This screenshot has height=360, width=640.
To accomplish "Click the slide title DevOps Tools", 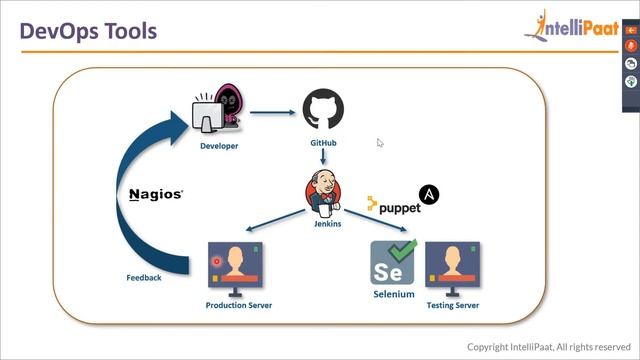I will click(89, 32).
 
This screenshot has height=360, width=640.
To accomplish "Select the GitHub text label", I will click(323, 143).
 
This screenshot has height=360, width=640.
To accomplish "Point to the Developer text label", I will click(219, 146).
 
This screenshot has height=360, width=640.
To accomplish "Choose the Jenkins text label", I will click(327, 223).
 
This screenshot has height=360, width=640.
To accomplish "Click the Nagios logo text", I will click(157, 194).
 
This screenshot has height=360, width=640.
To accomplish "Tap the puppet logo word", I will click(394, 206).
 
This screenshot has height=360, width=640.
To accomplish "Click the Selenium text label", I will click(394, 295).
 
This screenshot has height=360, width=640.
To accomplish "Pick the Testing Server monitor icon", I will click(452, 268).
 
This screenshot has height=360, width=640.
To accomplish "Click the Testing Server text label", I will click(452, 305).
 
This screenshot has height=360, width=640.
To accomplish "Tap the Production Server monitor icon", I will click(239, 268).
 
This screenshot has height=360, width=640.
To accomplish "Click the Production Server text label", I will click(239, 305).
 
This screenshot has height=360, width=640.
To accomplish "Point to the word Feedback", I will click(143, 277).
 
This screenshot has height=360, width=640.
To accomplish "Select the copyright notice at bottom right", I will click(548, 347).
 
